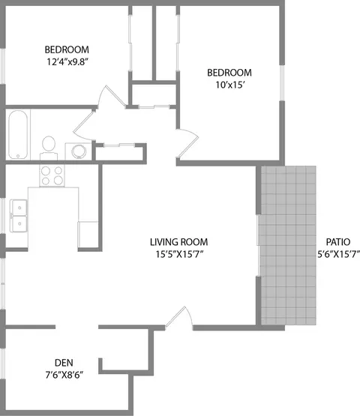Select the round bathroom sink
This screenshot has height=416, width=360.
click(x=77, y=151)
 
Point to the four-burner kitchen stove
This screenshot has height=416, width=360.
click(x=52, y=175)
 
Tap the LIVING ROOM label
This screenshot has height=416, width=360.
click(x=178, y=242)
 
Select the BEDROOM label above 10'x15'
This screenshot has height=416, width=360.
click(x=229, y=73)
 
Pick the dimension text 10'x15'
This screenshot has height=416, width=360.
click(x=229, y=85)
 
